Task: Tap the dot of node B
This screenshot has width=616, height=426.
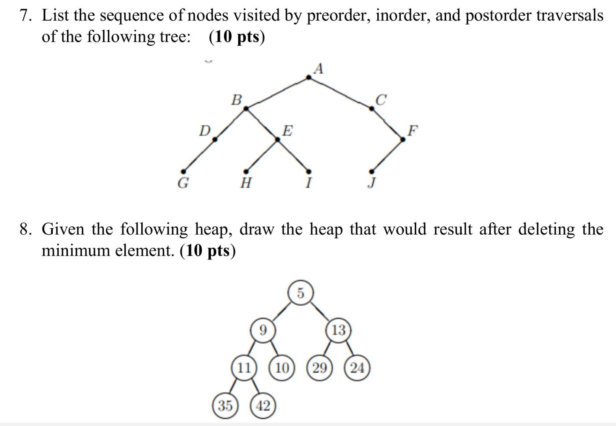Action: tap(246, 108)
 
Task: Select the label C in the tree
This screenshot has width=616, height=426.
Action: tap(381, 100)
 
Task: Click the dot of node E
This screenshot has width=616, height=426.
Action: tap(278, 139)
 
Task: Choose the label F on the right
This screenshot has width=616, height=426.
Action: tap(412, 130)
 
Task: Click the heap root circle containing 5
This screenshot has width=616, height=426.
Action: tap(301, 293)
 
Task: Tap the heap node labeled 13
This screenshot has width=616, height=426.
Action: tap(339, 330)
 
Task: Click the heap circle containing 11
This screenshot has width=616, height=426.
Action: tap(244, 368)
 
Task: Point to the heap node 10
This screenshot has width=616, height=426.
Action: tap(282, 368)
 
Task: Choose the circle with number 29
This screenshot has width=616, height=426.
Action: tap(320, 368)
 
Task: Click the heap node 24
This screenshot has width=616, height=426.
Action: tap(357, 368)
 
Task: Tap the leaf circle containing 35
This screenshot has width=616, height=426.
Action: tap(225, 405)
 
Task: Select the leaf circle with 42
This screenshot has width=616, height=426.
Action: tap(263, 405)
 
